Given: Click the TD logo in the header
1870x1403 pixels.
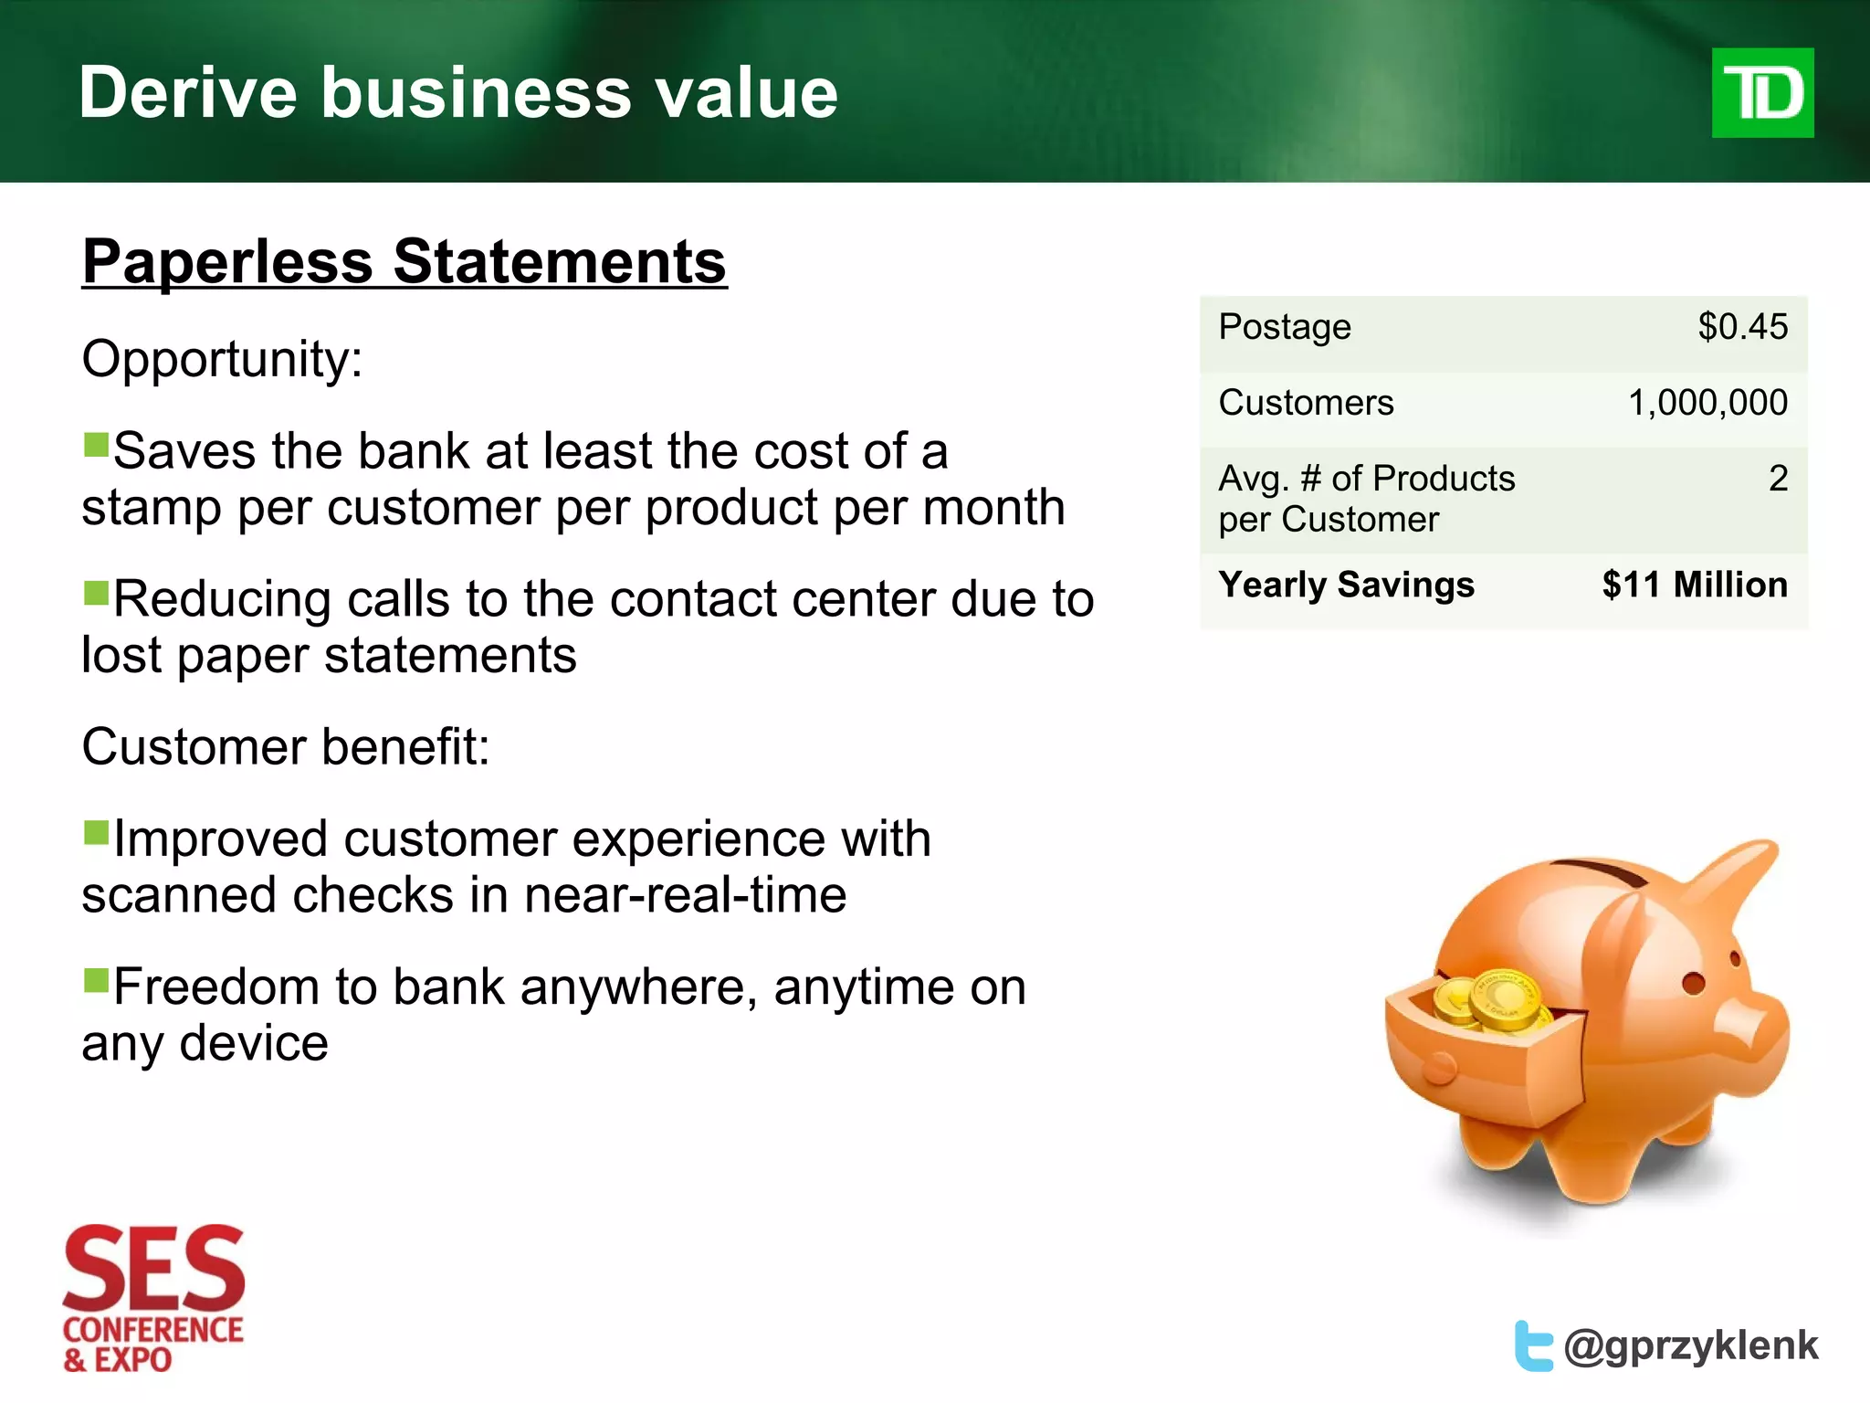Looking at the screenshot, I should click(1761, 92).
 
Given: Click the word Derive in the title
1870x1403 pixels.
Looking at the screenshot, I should click(187, 92).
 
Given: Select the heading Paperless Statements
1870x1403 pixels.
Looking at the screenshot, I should click(404, 262).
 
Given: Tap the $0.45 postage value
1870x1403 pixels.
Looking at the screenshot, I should click(1742, 327).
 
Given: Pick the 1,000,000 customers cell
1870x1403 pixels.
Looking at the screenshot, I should click(1707, 403).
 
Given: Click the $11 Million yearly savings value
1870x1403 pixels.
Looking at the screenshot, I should click(1694, 585).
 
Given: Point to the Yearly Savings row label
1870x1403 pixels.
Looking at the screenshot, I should click(1346, 585).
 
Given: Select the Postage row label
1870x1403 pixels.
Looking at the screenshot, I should click(1284, 327).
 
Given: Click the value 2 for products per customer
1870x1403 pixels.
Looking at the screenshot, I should click(1777, 479).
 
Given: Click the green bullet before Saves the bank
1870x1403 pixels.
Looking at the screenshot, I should click(96, 445).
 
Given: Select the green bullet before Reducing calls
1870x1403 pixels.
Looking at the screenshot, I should click(96, 593).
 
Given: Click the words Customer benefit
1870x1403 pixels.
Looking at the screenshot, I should click(285, 746).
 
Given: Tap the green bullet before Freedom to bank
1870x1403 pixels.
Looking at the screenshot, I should click(96, 980).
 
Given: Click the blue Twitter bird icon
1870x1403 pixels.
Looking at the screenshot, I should click(1532, 1345).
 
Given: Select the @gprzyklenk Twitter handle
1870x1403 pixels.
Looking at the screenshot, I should click(1690, 1345).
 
